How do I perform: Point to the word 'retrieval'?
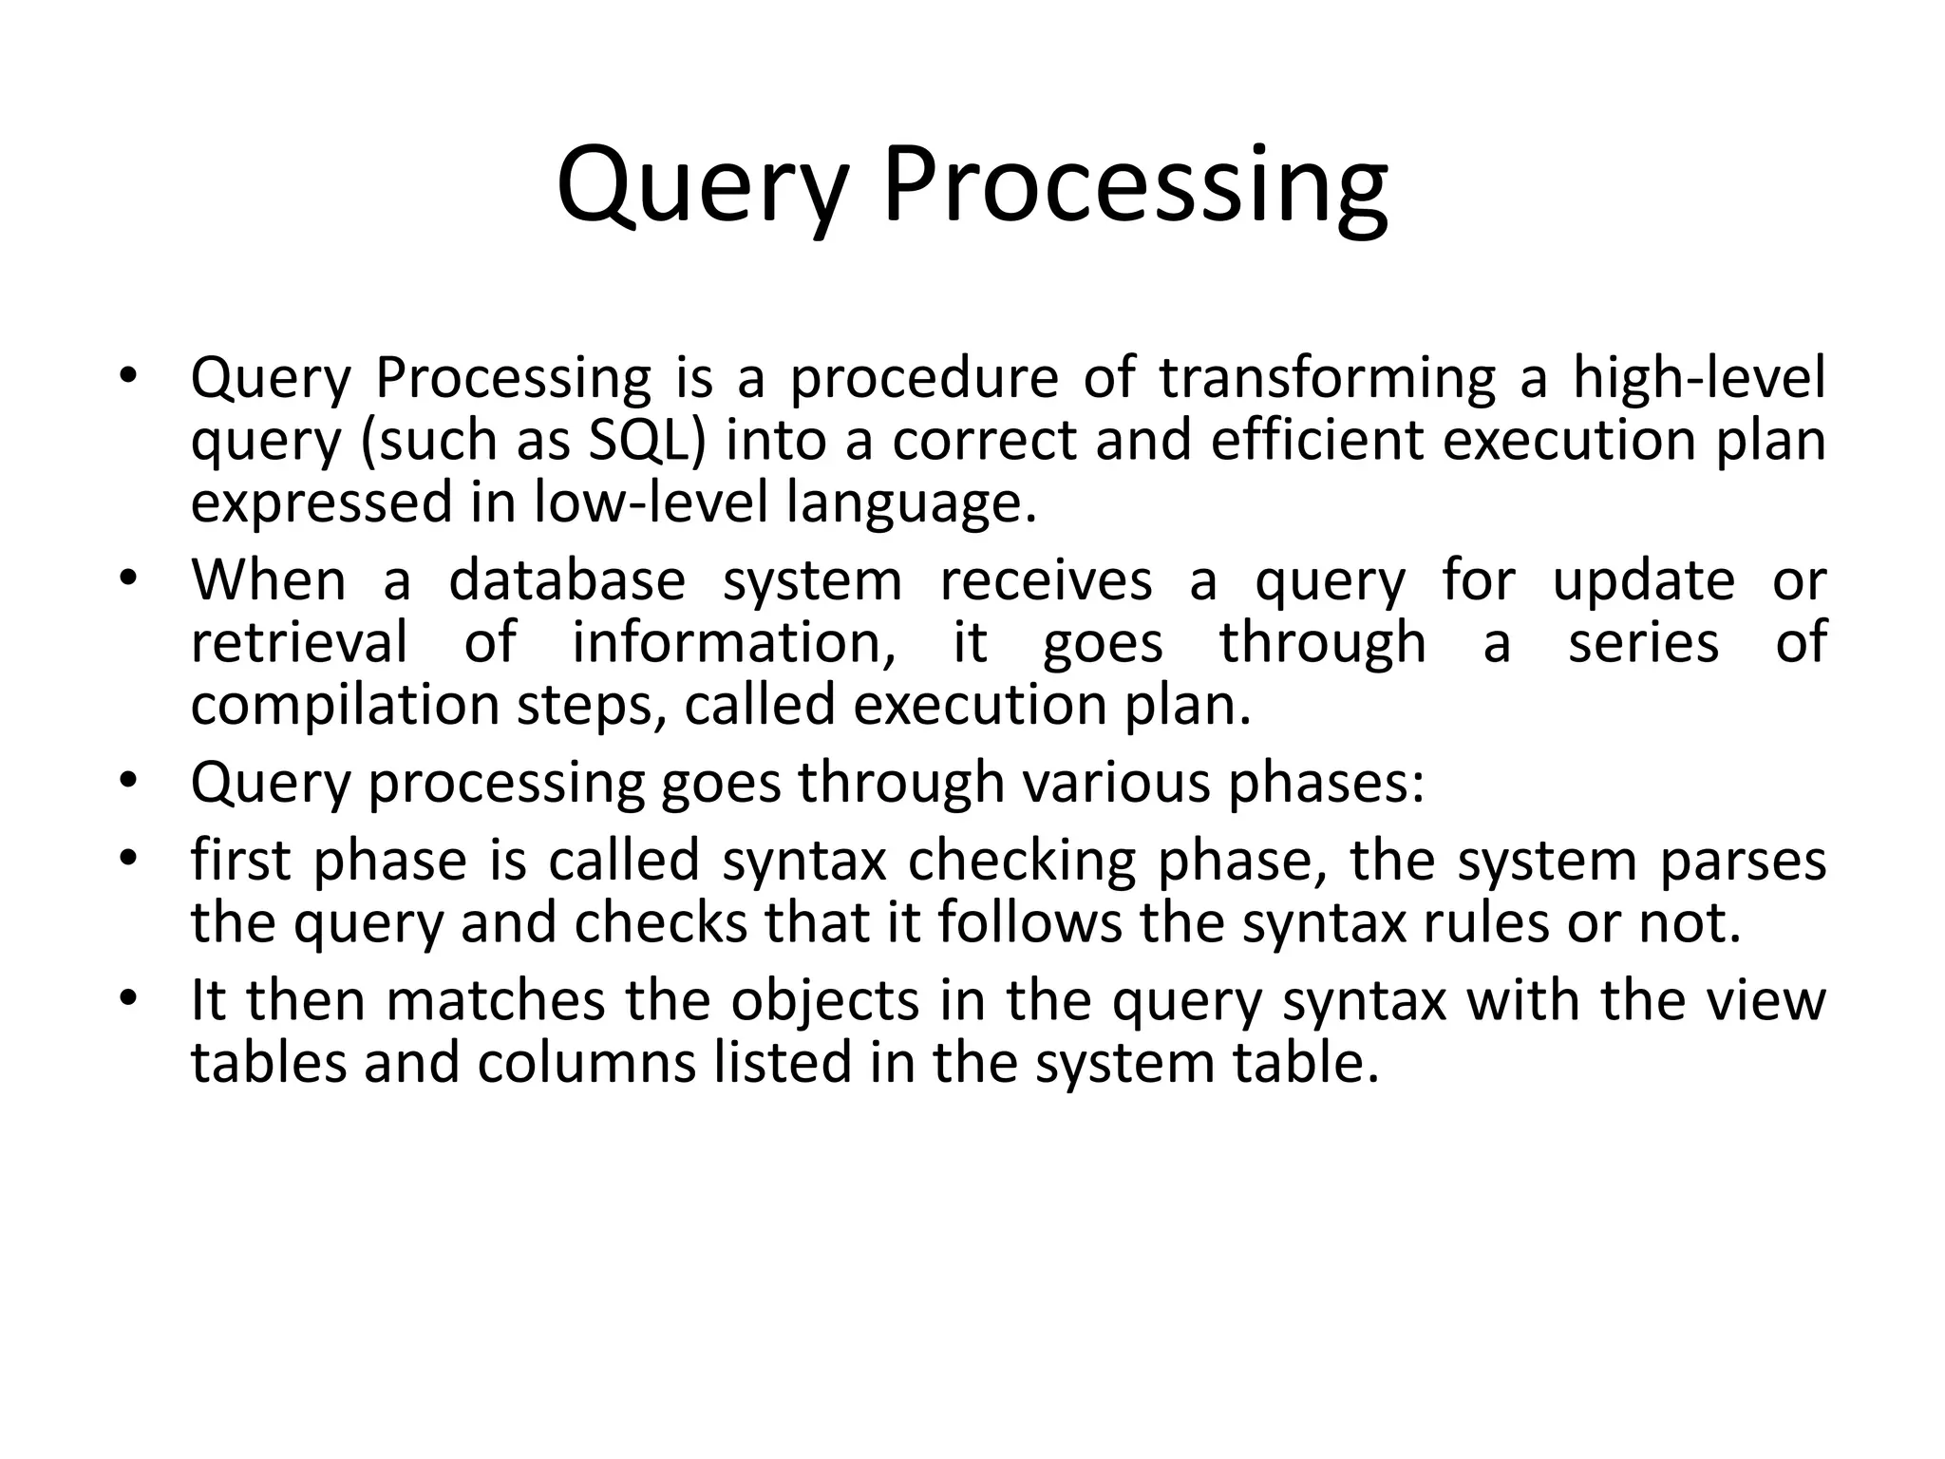pos(299,642)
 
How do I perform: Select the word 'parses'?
pos(1743,861)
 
